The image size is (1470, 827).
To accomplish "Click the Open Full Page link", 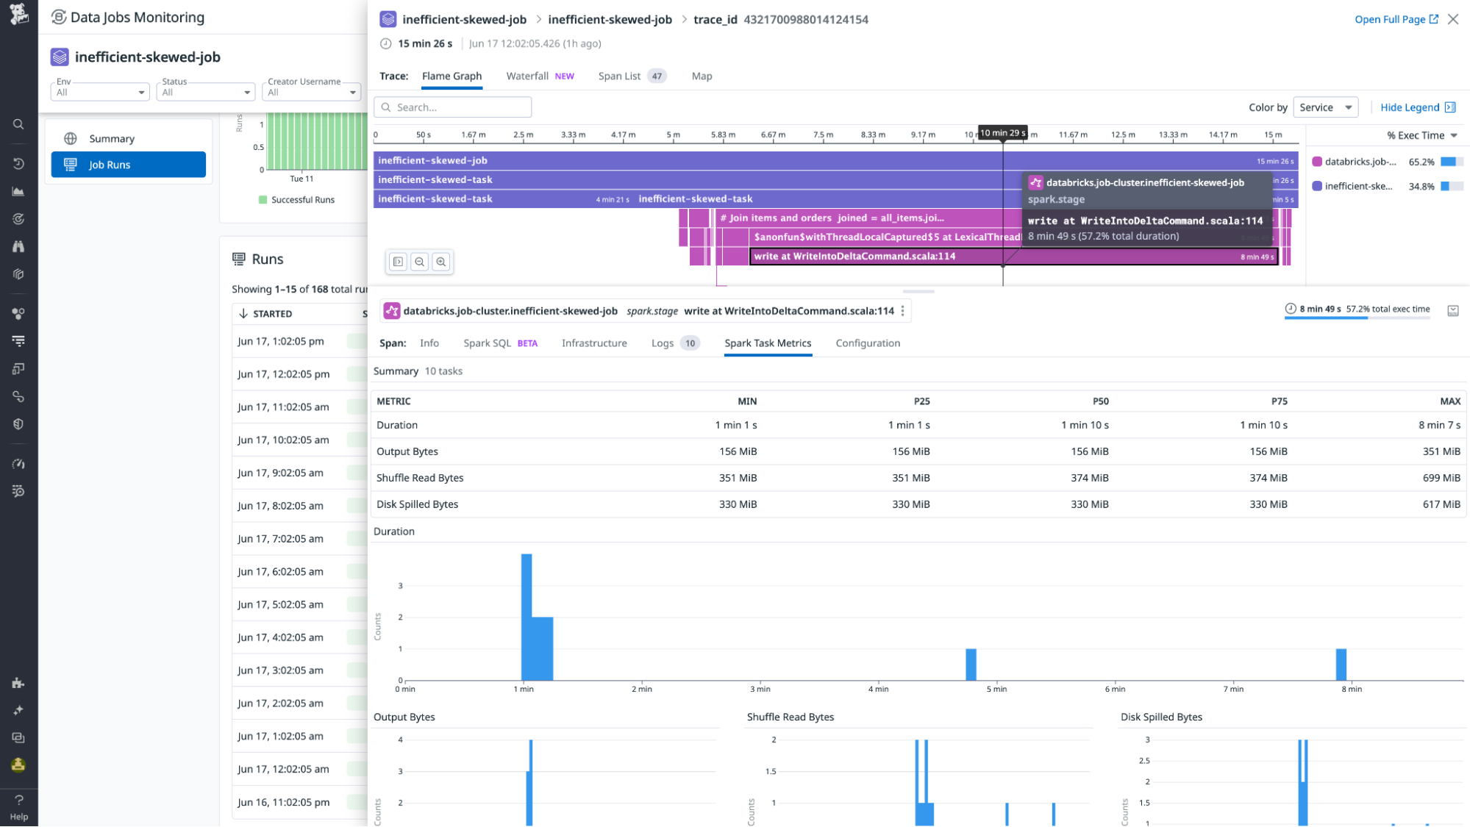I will click(x=1396, y=20).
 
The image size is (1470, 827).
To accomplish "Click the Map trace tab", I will click(x=702, y=76).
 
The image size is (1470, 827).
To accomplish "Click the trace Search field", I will click(x=453, y=107).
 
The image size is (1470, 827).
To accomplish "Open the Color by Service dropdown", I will click(x=1325, y=107).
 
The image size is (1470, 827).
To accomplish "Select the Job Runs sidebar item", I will click(x=129, y=165).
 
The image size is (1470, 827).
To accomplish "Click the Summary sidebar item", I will click(x=112, y=139).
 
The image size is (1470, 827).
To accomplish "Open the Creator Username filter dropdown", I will click(x=312, y=92).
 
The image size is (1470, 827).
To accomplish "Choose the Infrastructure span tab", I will click(x=594, y=343).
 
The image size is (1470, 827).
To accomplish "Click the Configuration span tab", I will click(x=868, y=343).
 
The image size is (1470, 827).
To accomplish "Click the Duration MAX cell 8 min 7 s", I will click(x=1439, y=426).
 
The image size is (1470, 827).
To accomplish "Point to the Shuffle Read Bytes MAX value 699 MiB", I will click(x=1441, y=479).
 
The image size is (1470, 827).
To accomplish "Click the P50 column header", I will click(x=1100, y=401).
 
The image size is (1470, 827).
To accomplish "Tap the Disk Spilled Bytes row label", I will click(x=417, y=505).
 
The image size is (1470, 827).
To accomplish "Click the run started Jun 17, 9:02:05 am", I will click(x=280, y=473).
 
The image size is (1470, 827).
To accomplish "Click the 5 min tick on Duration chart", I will click(x=996, y=690).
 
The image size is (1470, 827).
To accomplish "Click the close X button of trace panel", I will click(x=1453, y=20).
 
